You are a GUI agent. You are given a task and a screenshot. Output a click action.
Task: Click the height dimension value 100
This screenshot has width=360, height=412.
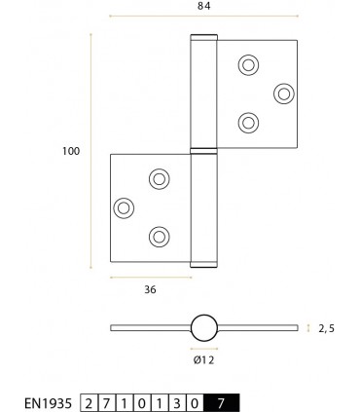coord(69,151)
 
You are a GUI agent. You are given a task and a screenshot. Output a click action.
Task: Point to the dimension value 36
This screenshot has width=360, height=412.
coord(149,288)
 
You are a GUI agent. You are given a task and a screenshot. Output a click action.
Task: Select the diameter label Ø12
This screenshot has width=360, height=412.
coord(203,359)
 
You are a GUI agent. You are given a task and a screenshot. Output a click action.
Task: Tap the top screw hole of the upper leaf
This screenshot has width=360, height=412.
coord(248,65)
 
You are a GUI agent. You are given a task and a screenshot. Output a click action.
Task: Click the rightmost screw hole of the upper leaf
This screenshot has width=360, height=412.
coord(283,93)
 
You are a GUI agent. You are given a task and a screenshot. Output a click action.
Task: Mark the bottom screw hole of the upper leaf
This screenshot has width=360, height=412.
coord(248,122)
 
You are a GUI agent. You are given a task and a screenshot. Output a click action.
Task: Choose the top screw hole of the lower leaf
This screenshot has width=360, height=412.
coord(159,178)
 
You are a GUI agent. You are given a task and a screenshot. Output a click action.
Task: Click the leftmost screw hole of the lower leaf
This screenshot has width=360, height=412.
coord(124,206)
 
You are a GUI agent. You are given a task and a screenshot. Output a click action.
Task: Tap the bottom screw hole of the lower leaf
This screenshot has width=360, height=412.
coord(159,235)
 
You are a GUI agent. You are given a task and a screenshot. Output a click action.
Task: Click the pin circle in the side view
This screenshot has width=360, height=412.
coord(204,327)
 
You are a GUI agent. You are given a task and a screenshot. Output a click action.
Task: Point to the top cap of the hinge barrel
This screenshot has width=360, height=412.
coord(204,38)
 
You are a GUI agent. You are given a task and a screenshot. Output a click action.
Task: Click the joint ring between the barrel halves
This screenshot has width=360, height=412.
coord(204,150)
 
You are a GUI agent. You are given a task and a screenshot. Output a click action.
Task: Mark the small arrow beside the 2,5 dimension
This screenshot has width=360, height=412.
coord(308,328)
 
